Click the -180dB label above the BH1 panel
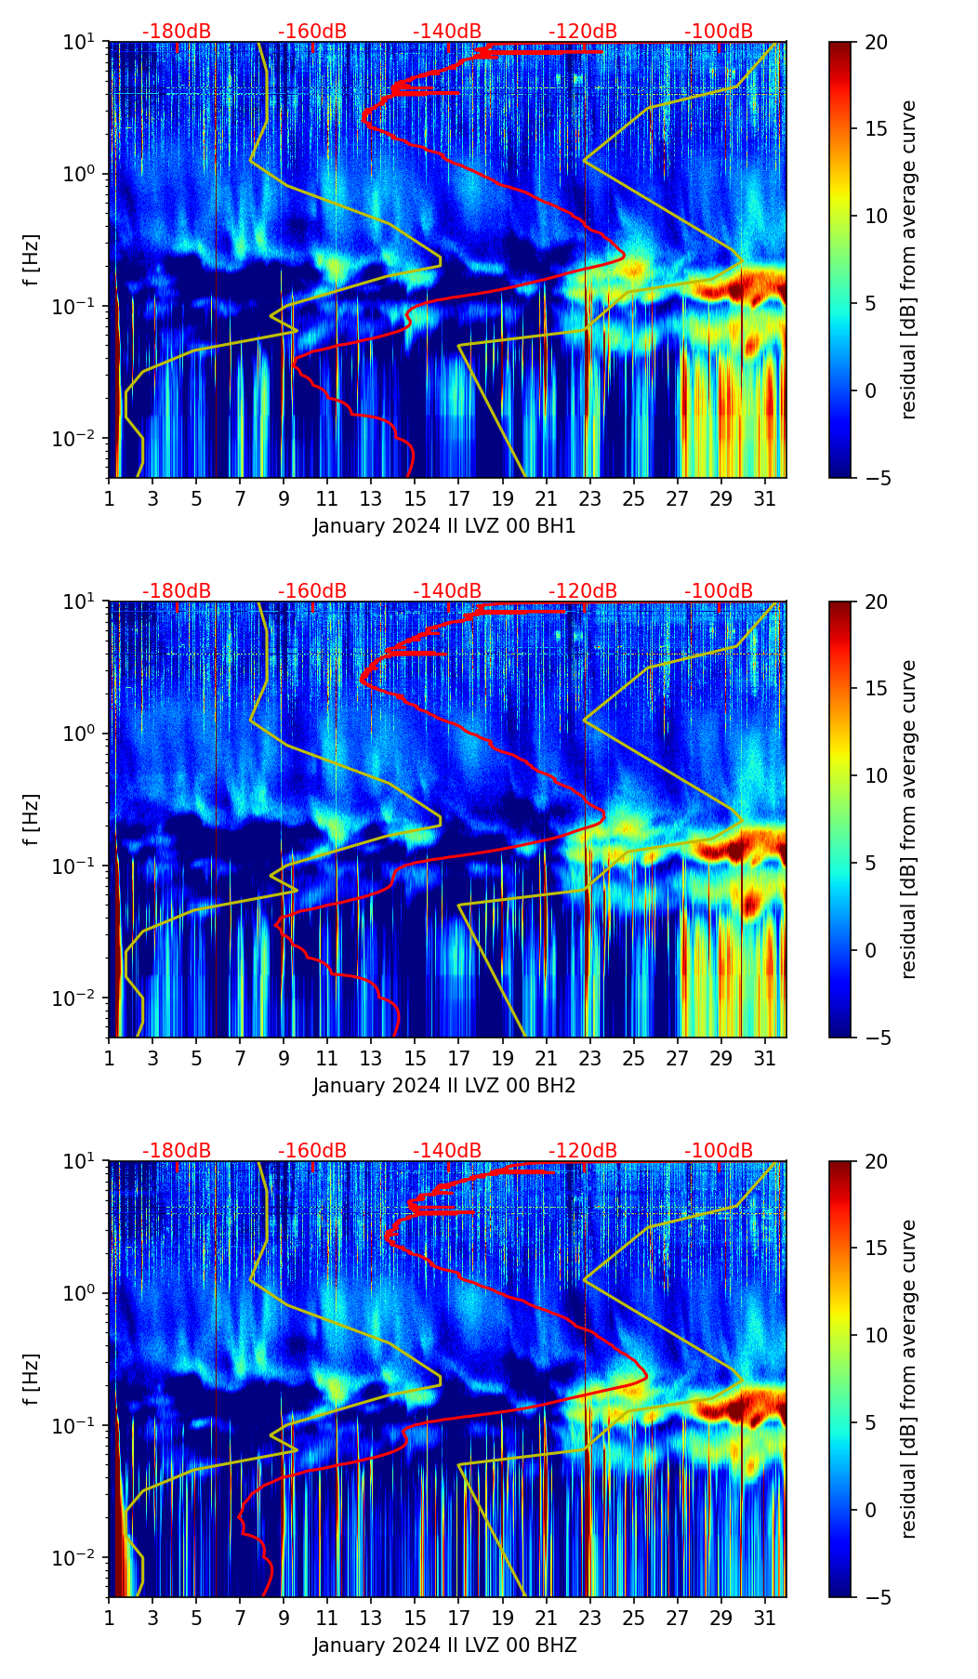pos(177,32)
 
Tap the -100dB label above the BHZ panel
pos(719,1151)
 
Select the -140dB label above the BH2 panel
pos(447,591)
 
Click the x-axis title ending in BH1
pos(444,526)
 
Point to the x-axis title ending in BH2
pos(444,1086)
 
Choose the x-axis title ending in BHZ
pos(444,1646)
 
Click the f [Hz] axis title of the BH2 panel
pos(32,819)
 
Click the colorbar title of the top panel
pos(908,259)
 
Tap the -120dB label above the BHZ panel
pos(583,1151)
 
